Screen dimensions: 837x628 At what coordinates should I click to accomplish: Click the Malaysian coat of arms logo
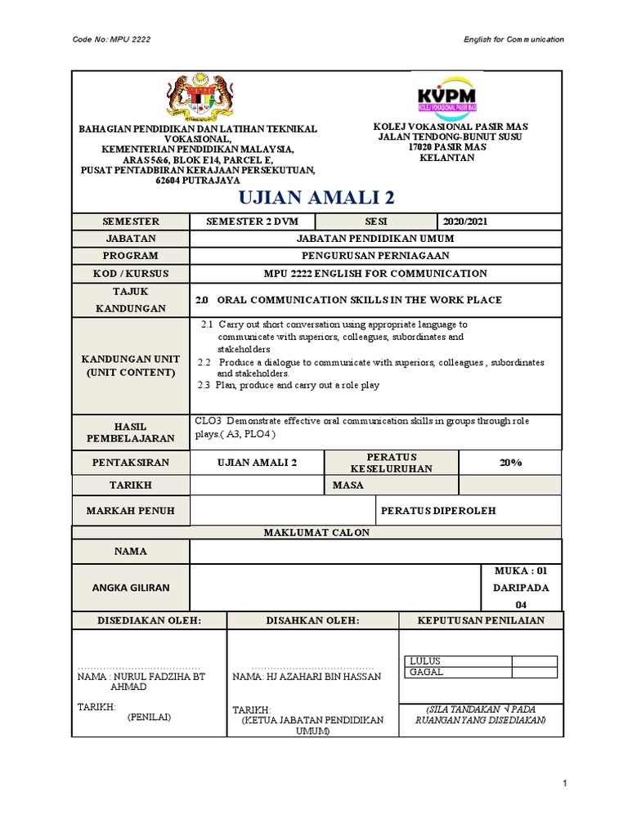tap(196, 96)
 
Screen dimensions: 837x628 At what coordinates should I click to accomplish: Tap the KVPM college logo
tap(446, 96)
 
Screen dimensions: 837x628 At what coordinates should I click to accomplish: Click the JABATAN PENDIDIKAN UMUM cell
tap(375, 238)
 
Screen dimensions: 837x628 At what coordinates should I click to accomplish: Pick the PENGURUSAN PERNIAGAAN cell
tap(375, 256)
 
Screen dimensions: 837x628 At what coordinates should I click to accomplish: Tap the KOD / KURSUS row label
tap(131, 273)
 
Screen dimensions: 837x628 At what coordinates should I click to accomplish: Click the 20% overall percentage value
tap(510, 462)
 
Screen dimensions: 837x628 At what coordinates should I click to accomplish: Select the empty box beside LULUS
tap(534, 661)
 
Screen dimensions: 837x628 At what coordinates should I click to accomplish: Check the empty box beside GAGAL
tap(534, 673)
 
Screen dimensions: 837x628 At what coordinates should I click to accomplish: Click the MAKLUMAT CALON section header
tap(316, 532)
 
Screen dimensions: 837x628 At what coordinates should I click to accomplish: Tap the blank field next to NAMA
tap(375, 551)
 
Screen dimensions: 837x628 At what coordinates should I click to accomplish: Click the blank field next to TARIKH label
tap(257, 486)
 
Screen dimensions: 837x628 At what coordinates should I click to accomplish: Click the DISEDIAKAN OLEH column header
tap(149, 620)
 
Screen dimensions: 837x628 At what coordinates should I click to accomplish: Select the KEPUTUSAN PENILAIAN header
tap(479, 620)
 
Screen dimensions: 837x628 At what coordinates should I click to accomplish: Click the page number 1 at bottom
tap(564, 785)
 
